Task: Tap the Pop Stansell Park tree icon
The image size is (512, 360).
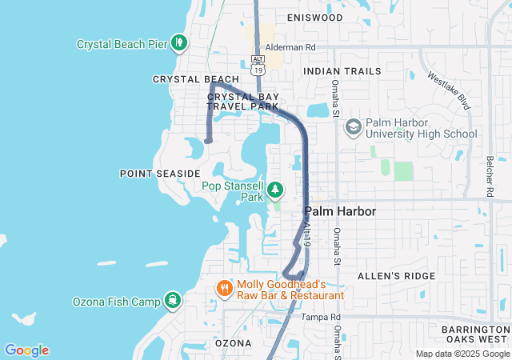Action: [x=275, y=190]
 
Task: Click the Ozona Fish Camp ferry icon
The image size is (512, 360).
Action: [x=173, y=301]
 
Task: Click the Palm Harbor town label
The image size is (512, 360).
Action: [x=340, y=211]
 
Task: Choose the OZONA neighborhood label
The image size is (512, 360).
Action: [x=234, y=342]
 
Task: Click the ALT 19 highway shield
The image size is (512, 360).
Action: [x=257, y=65]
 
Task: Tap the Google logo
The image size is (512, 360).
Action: [x=26, y=350]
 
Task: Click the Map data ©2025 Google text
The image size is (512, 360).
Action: [x=462, y=354]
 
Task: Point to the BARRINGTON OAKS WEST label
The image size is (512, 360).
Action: [x=475, y=335]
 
